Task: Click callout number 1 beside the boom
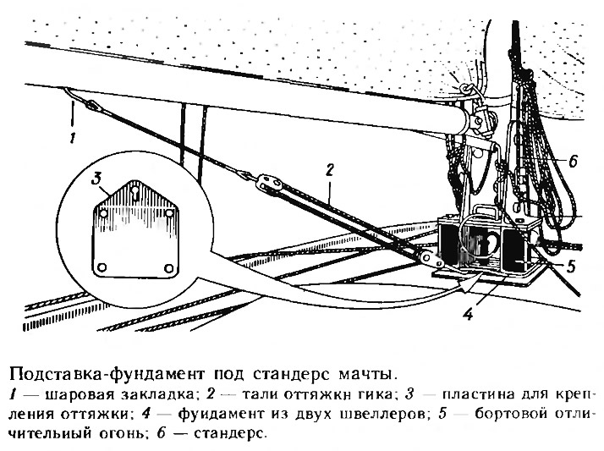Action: (x=74, y=134)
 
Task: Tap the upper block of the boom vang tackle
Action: (x=266, y=180)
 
